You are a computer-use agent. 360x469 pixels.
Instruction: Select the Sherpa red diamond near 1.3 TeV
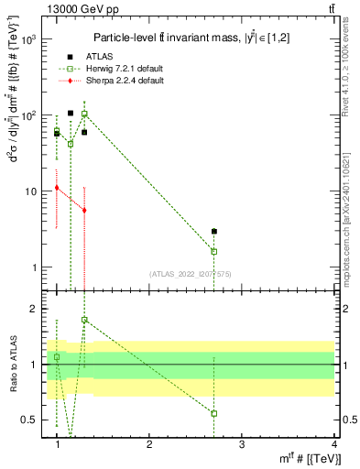pyautogui.click(x=84, y=210)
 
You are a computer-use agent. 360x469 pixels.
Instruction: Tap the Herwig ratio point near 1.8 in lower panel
pyautogui.click(x=84, y=320)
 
